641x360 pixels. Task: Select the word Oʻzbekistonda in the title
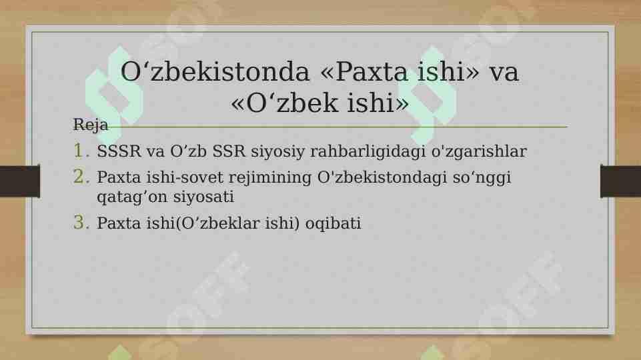click(x=215, y=72)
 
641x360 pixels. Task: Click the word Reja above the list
click(x=90, y=125)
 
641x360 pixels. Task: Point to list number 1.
click(x=81, y=151)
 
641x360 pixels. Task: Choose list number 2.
click(x=81, y=177)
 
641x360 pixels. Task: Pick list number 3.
click(x=81, y=223)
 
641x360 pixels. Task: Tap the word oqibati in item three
click(x=333, y=224)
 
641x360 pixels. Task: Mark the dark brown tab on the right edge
click(x=620, y=181)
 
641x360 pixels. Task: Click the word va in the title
click(x=504, y=72)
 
